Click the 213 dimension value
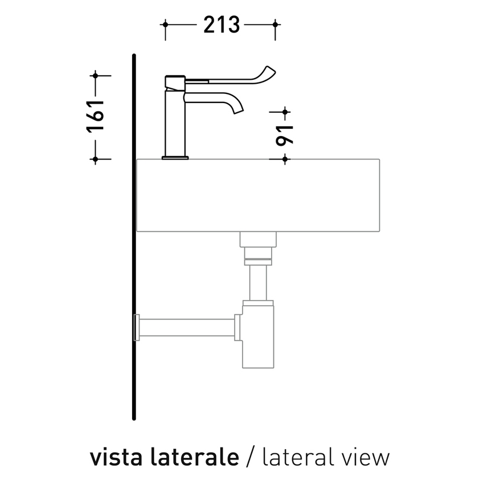tap(219, 25)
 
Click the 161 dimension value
tap(96, 116)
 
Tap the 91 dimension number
tap(285, 134)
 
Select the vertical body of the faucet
tap(175, 122)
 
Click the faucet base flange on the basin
tap(175, 157)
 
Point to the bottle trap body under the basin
tap(259, 336)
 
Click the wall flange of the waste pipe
tap(137, 327)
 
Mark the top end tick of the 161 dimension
tap(95, 75)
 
